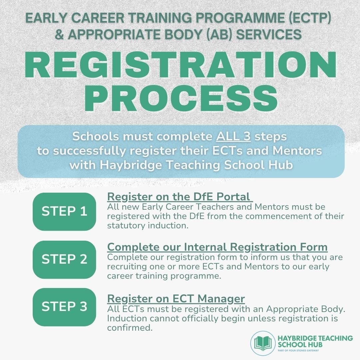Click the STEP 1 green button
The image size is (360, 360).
coord(64,212)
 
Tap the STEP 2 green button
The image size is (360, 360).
coord(64,259)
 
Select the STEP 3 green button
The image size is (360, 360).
coord(64,307)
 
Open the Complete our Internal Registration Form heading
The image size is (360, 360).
coord(217,247)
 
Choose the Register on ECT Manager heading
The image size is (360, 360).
coord(176,298)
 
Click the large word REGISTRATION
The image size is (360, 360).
coord(180,66)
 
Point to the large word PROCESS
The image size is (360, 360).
coord(180,98)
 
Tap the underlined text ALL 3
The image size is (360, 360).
coord(234,136)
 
